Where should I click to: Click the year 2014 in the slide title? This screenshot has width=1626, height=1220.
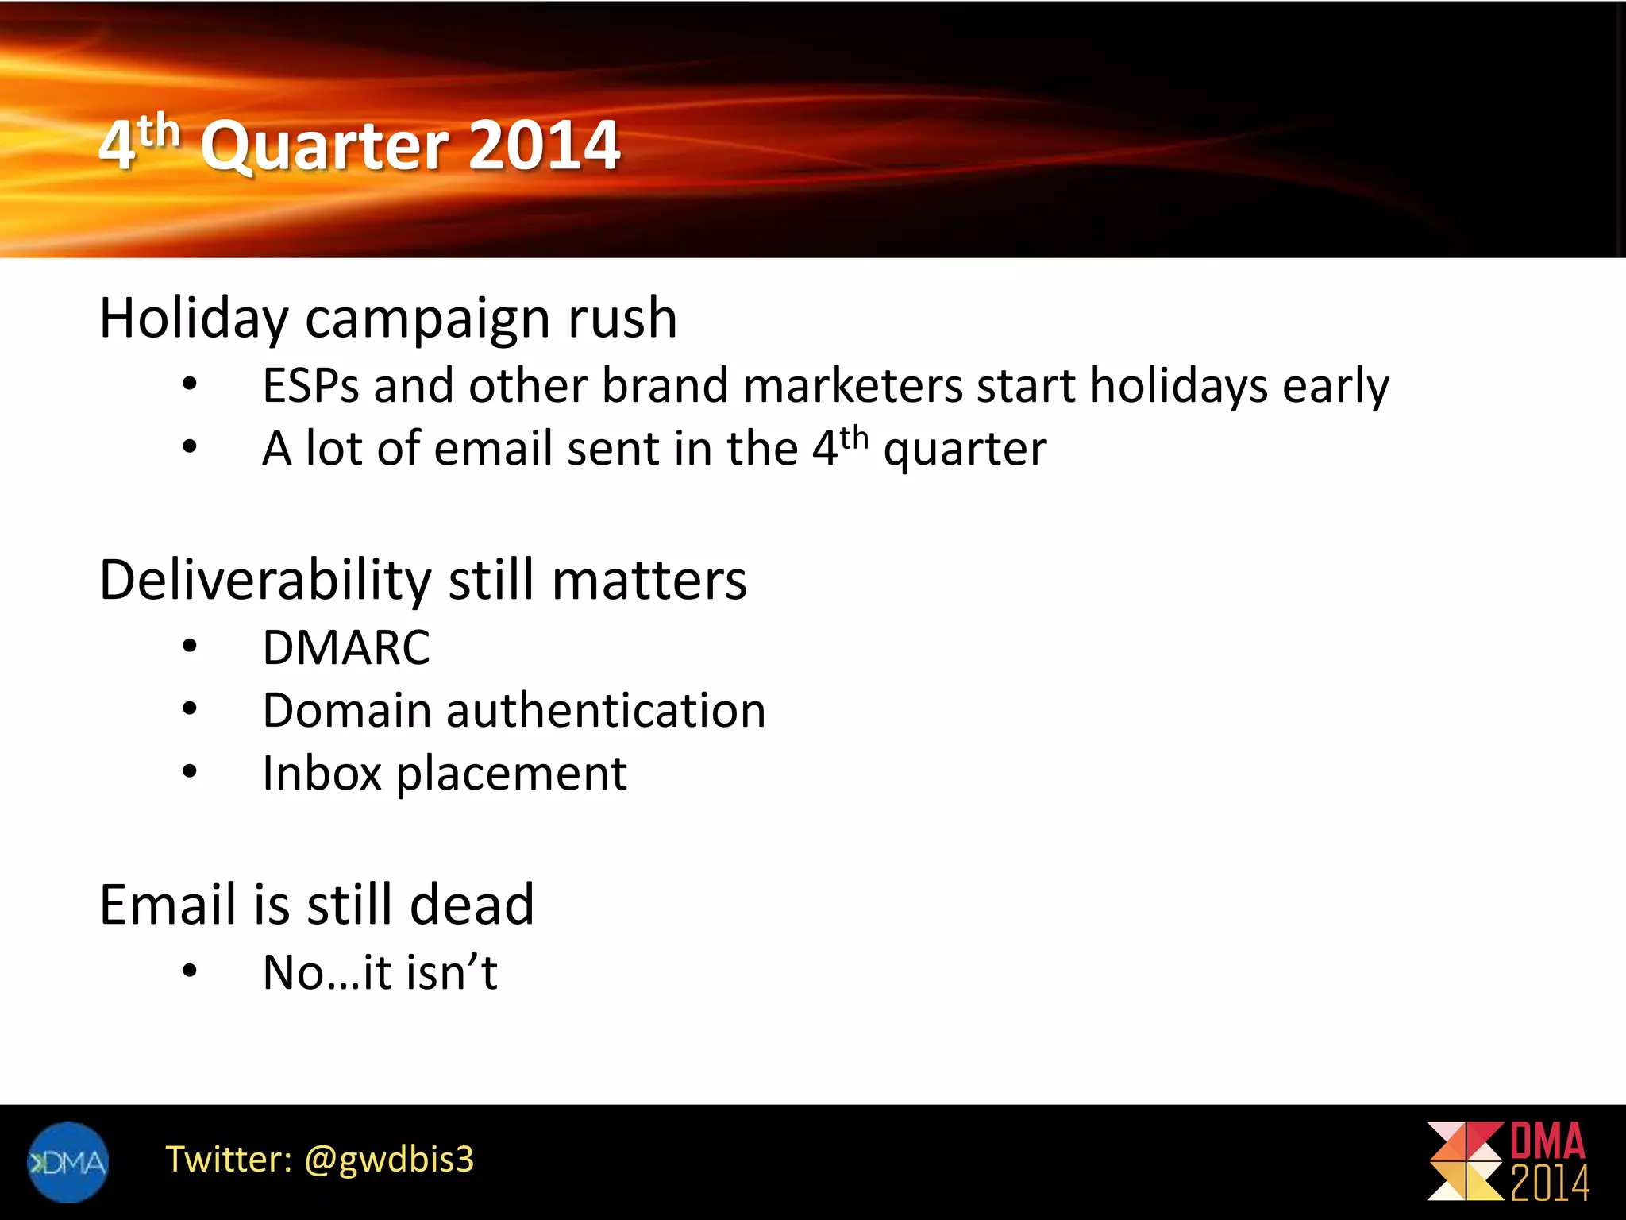tap(544, 145)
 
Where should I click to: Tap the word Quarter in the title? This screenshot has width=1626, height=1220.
tap(326, 147)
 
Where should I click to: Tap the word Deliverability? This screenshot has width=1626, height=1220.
tap(264, 580)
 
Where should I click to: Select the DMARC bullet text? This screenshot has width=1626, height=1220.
tap(346, 647)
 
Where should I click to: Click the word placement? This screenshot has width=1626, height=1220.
tap(511, 774)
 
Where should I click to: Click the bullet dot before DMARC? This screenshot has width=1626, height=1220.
tap(189, 647)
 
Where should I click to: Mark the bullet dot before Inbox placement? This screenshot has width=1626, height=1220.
tap(189, 772)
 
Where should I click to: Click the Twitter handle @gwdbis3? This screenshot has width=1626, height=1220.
tap(389, 1160)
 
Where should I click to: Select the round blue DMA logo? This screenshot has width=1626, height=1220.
tap(67, 1162)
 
